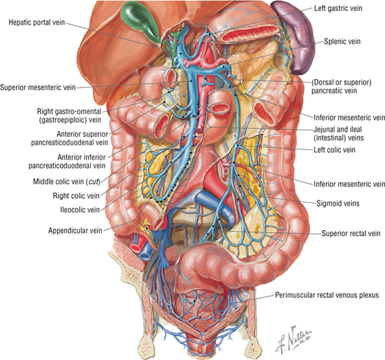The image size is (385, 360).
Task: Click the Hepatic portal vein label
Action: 37,23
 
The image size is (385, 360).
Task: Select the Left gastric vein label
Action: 338,8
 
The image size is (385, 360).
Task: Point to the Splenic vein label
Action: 342,41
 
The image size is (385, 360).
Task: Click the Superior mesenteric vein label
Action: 38,87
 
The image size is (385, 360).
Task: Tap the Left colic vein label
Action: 334,149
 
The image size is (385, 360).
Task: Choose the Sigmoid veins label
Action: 338,203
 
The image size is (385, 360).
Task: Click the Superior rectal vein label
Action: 351,233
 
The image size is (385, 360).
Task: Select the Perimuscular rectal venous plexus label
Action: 327,295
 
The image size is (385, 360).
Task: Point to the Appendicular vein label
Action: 75,231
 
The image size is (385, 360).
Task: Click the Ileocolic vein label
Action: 80,210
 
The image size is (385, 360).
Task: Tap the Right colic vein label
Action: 76,195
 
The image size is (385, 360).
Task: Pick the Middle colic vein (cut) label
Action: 67,182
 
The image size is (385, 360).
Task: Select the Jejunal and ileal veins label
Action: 338,134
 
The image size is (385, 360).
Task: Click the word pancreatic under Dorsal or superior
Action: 324,91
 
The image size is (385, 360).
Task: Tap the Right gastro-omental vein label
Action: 69,116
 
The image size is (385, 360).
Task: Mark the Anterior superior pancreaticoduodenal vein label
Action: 69,138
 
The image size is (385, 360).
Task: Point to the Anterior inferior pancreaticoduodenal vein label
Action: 67,161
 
